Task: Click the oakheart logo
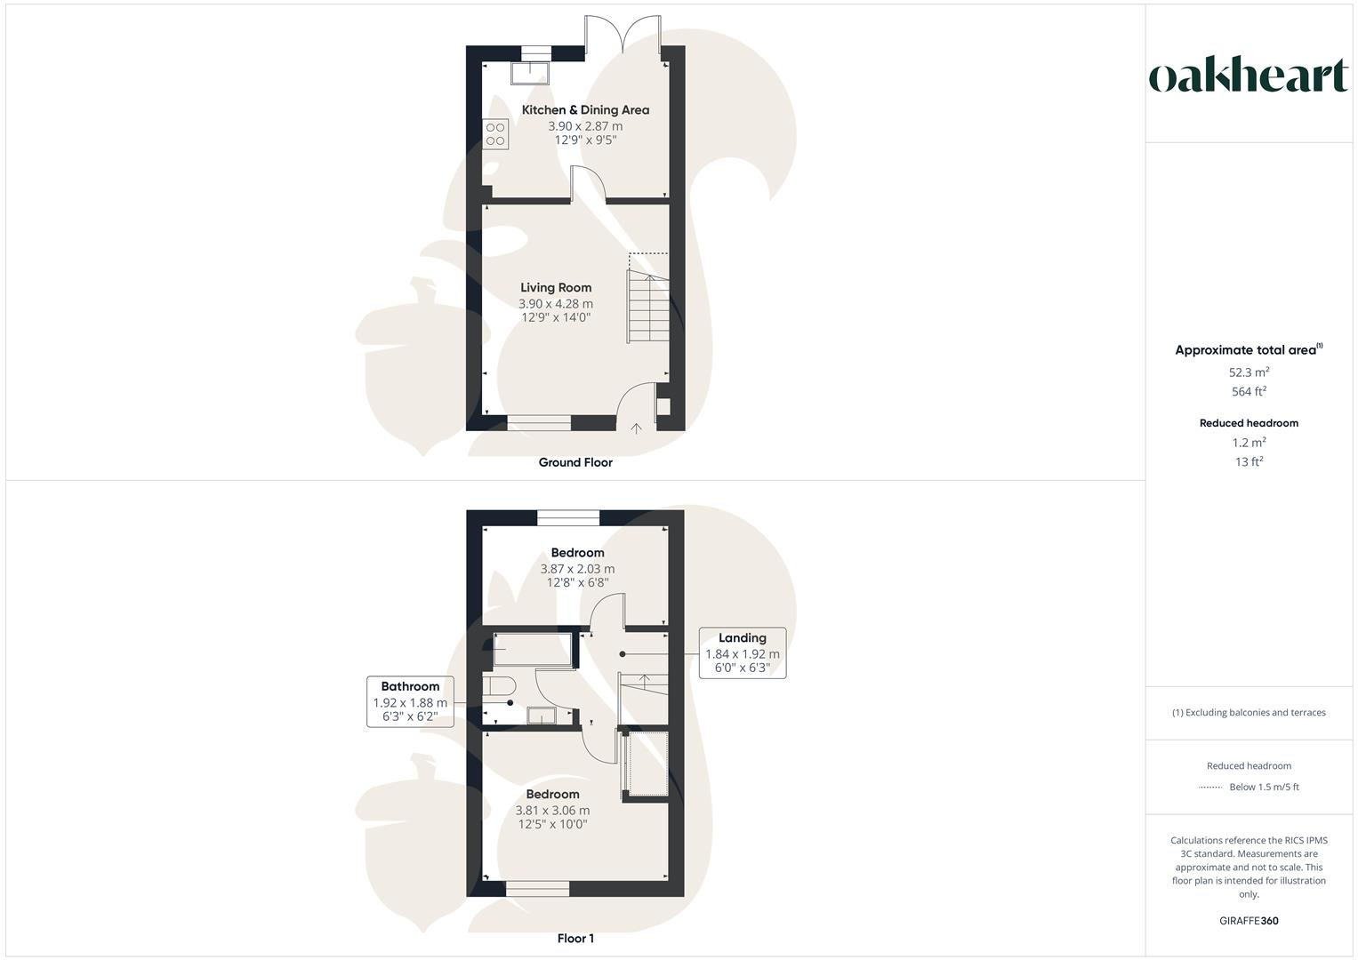coord(1249,76)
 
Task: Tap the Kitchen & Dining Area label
coord(585,110)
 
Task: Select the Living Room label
coord(556,287)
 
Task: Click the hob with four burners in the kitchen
coord(495,134)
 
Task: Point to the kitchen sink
coord(530,72)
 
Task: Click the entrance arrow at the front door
coord(636,429)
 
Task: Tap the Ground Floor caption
coord(575,462)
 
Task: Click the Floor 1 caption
coord(575,938)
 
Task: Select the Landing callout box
coord(742,652)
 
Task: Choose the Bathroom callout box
coord(410,701)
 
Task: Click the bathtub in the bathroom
coord(532,649)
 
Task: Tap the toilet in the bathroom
coord(500,687)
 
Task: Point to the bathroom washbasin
coord(541,716)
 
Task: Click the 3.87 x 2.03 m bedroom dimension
coord(577,569)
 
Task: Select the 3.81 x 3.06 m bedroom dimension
coord(552,811)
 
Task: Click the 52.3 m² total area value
coord(1249,372)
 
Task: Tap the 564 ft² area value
coord(1249,391)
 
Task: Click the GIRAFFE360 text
coord(1249,921)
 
